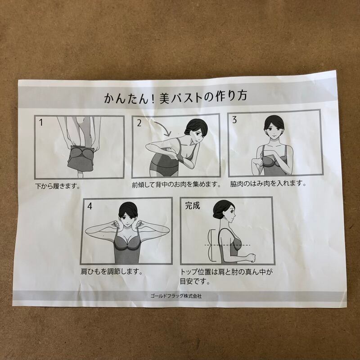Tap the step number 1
click(x=41, y=122)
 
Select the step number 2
click(x=139, y=123)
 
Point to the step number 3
click(x=234, y=120)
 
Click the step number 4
click(x=90, y=206)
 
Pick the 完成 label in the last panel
click(x=193, y=206)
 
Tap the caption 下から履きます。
click(x=58, y=186)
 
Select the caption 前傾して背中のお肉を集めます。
click(x=176, y=184)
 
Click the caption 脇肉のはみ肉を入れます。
click(x=268, y=184)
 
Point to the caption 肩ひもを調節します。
click(x=112, y=272)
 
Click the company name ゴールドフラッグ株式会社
click(x=176, y=296)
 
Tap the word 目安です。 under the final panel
click(x=195, y=282)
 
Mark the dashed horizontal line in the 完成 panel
click(x=227, y=245)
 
